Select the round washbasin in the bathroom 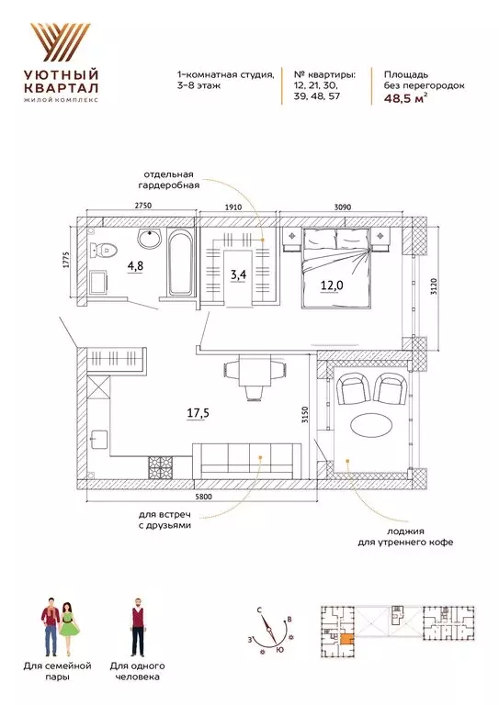pos(148,240)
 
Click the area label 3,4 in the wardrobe pos(238,273)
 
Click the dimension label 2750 pos(140,208)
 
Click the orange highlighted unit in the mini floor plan pos(347,643)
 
